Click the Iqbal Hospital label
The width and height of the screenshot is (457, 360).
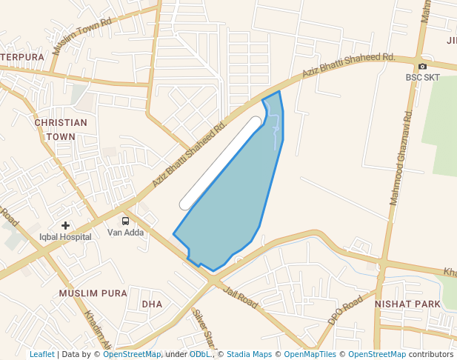[x=65, y=237]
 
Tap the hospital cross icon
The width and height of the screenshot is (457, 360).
[x=65, y=225]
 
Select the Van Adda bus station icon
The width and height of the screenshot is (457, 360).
[x=125, y=221]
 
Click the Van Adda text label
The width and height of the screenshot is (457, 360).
[x=125, y=233]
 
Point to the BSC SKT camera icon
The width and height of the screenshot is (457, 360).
[x=422, y=66]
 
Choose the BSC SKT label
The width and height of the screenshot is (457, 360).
[x=422, y=77]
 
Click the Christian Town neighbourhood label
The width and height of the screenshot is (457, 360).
[x=61, y=130]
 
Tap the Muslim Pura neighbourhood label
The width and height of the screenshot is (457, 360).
[x=93, y=293]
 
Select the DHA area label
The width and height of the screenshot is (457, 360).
[x=152, y=304]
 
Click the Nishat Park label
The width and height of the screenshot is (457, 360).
[x=407, y=304]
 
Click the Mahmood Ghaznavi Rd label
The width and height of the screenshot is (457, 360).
[x=400, y=159]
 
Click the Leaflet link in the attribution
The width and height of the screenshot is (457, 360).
[x=41, y=354]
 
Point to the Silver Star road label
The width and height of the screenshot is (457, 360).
[x=203, y=330]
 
